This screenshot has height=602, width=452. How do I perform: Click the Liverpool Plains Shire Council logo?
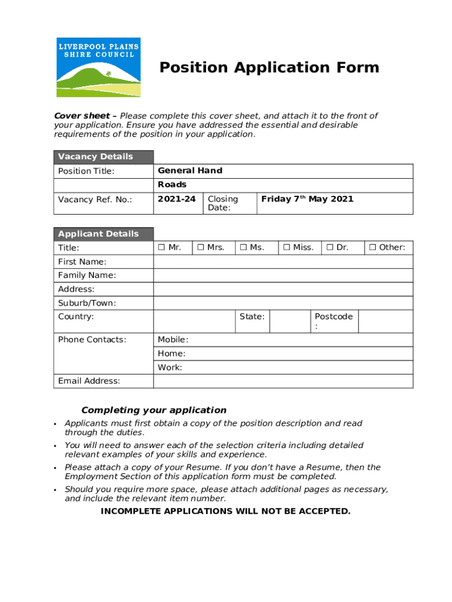[x=99, y=67]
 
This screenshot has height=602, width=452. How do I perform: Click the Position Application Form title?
[x=269, y=68]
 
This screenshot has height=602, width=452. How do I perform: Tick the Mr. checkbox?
[x=161, y=248]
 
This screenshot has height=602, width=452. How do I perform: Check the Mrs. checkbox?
[x=201, y=248]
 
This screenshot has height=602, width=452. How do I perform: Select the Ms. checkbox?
[x=243, y=248]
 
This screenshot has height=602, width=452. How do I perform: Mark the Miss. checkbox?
[x=286, y=248]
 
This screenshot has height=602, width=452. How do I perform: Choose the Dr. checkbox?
[x=330, y=248]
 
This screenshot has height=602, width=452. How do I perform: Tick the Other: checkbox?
[x=372, y=248]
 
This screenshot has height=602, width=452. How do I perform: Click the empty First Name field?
[x=283, y=262]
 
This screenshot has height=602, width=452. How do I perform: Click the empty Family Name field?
[x=283, y=275]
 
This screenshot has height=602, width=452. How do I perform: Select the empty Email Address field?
[x=283, y=381]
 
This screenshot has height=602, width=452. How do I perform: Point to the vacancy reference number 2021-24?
[x=177, y=199]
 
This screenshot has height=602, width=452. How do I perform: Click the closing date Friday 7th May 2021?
[x=307, y=199]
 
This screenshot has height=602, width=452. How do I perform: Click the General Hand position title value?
[x=190, y=170]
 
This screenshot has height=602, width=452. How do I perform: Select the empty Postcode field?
[x=385, y=322]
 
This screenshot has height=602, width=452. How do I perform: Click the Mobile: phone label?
[x=173, y=340]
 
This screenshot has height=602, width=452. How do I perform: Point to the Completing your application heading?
[x=154, y=410]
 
